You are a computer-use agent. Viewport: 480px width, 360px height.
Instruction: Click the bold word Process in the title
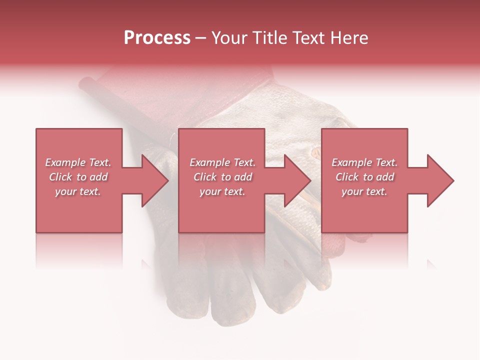coord(157,38)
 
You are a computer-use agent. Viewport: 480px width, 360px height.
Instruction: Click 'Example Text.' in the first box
coord(78,162)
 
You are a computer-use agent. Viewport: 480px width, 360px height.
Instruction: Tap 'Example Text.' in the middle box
coord(222,162)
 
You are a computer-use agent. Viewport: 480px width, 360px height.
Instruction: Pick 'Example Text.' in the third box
coord(364,162)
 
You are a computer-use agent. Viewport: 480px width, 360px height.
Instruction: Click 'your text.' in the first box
coord(78,191)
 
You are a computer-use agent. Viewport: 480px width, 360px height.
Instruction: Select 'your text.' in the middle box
coord(222,191)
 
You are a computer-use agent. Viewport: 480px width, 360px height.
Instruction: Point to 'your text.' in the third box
coord(364,191)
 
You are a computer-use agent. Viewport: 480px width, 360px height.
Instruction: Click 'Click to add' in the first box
coord(78,177)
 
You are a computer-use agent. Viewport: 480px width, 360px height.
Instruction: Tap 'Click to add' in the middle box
coord(222,177)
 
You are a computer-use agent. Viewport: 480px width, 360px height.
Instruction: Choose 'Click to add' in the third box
coord(364,177)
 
